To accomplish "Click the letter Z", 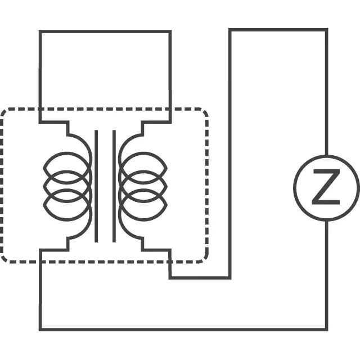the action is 326,187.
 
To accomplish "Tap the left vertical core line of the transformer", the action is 96,186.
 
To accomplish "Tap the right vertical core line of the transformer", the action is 114,186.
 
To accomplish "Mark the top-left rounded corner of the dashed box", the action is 4,112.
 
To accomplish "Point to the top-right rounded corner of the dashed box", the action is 205,111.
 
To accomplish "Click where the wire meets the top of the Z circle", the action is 326,155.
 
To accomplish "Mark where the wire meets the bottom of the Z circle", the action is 326,221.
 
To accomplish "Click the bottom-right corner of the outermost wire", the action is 326,330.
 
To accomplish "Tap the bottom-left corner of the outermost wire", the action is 40,330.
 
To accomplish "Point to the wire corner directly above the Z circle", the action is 326,30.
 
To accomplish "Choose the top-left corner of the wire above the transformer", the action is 40,31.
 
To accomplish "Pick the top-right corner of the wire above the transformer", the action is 170,31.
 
